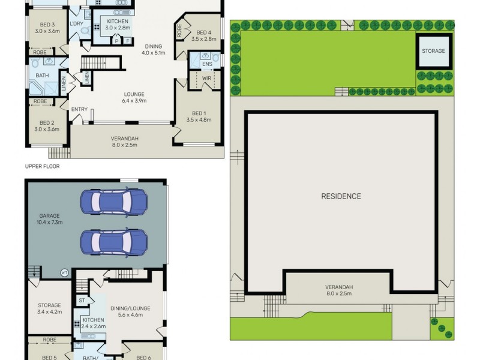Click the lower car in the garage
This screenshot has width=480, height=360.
pos(113,242)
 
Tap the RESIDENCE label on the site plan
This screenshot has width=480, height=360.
pos(341,196)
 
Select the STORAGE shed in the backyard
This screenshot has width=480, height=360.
pos(433,51)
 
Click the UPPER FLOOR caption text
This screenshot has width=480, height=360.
pos(42,166)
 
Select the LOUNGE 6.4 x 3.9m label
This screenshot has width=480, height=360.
pos(134,97)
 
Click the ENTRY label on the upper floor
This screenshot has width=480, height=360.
pos(79,109)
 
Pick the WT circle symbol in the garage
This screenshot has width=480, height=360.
pos(64,272)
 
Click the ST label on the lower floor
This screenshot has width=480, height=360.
pos(82,300)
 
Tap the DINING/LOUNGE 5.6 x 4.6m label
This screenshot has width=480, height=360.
pos(130,312)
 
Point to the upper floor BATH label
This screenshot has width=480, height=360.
pos(42,75)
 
